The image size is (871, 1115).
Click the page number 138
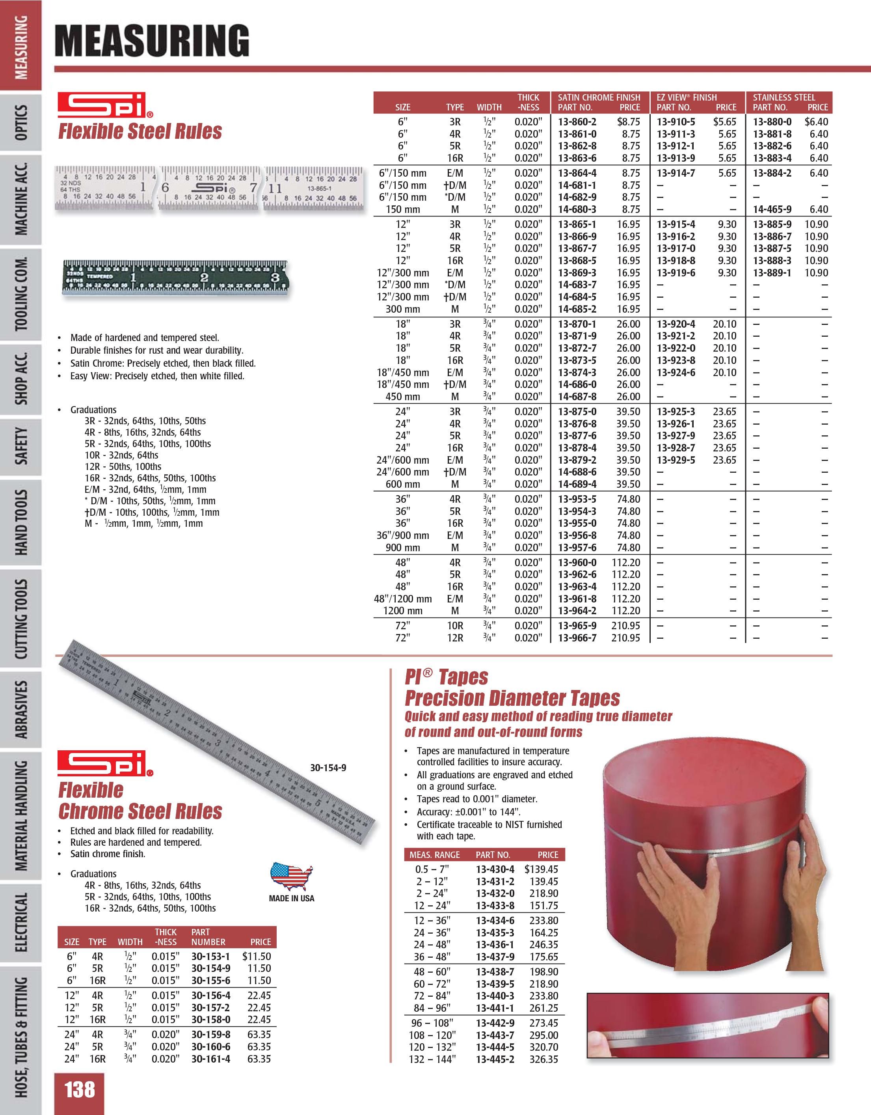[x=80, y=1089]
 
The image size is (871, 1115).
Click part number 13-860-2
[x=577, y=122]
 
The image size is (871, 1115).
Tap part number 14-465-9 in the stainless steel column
[x=772, y=209]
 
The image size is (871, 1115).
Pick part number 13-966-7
[x=577, y=638]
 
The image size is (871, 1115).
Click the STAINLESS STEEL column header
[x=784, y=97]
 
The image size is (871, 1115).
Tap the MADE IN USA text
[x=291, y=899]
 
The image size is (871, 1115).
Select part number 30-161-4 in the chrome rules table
[x=211, y=1059]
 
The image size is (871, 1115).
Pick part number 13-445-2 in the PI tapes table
[x=495, y=1059]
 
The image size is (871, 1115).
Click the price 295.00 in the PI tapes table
[x=544, y=1035]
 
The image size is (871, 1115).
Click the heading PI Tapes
[x=447, y=677]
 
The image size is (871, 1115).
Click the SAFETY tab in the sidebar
[x=21, y=447]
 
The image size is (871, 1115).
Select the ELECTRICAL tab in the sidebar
[x=21, y=923]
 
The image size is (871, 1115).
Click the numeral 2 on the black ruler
[x=204, y=278]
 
